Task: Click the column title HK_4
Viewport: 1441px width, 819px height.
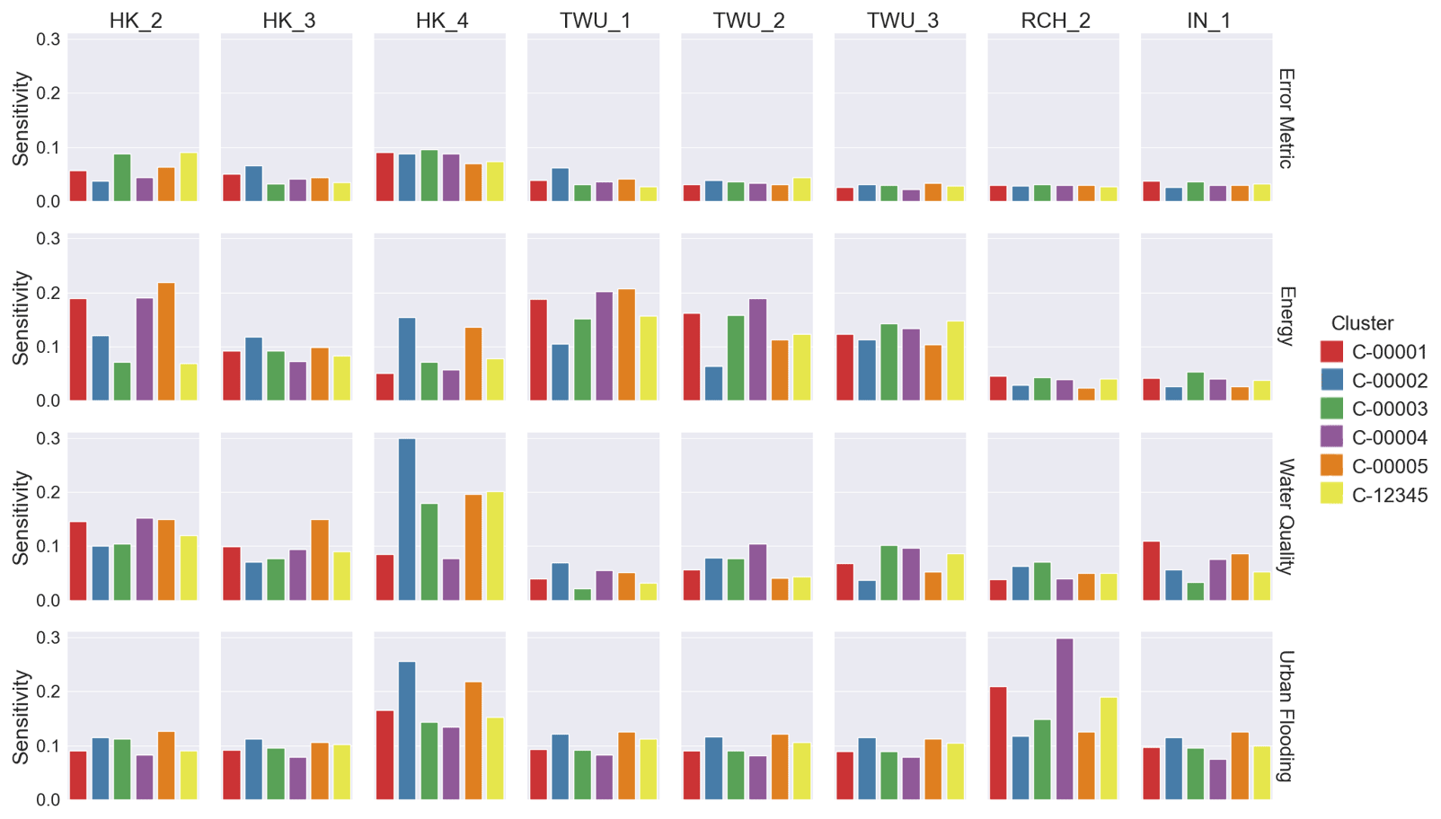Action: [x=442, y=20]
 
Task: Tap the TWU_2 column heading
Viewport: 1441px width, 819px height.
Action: [x=748, y=20]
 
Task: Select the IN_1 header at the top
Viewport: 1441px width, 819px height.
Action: [x=1208, y=20]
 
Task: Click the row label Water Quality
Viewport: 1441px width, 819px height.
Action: [x=1286, y=516]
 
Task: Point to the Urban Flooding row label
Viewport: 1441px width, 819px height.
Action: [x=1286, y=716]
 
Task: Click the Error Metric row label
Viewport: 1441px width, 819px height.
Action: [x=1286, y=118]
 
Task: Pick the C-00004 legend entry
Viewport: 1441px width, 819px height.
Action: [x=1389, y=437]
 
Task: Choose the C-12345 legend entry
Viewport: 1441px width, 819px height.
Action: [x=1389, y=495]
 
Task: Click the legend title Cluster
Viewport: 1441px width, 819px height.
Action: [x=1362, y=323]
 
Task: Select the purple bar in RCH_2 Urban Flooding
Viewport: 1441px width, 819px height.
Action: [x=1065, y=718]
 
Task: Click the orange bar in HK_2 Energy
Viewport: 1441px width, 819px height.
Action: [x=166, y=341]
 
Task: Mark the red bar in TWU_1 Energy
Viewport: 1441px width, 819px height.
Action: [x=538, y=349]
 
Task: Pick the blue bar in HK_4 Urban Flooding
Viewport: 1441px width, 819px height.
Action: [x=407, y=730]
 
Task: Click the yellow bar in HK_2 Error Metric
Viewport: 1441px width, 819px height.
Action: [x=189, y=177]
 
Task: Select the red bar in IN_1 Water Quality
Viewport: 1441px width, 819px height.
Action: [x=1152, y=571]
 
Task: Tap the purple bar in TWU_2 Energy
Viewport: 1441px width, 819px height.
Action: [x=757, y=349]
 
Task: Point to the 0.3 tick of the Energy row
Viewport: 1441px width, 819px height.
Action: [x=49, y=239]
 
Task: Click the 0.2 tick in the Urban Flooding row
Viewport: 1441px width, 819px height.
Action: [x=49, y=691]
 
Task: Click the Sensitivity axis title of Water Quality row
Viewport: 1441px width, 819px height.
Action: [x=21, y=517]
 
